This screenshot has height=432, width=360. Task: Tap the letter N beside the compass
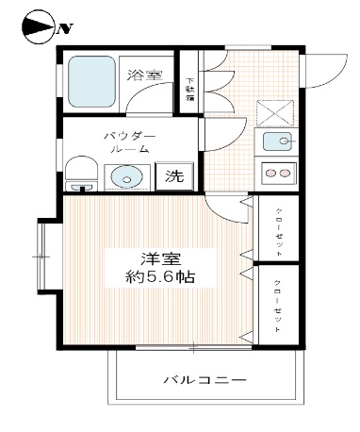(64, 27)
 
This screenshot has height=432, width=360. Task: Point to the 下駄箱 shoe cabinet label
(189, 89)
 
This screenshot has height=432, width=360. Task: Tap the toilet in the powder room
(82, 174)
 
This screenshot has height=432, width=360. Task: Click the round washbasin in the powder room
(124, 176)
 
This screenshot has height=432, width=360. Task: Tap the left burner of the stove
(268, 174)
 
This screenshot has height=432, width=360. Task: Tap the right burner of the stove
(284, 174)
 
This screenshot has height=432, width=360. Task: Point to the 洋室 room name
(155, 258)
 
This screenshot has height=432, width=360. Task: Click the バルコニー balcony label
(205, 380)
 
